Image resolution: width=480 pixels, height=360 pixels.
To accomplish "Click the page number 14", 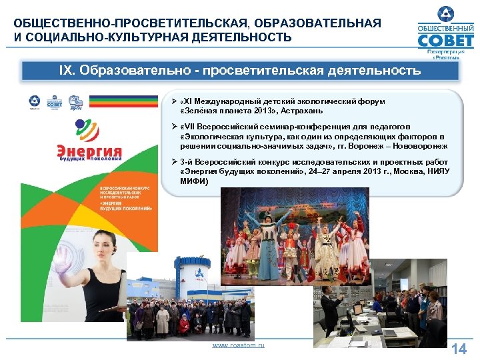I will point(459,349).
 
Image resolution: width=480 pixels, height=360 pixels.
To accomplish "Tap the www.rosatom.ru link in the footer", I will point(238,345).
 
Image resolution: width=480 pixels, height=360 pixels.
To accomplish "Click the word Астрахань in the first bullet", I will point(303,110).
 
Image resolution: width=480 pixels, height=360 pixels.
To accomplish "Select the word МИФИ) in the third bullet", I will point(193,181).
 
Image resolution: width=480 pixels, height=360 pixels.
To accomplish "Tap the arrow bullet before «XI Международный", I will point(173,101).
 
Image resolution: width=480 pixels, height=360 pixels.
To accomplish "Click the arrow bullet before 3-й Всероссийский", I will point(173,162).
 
